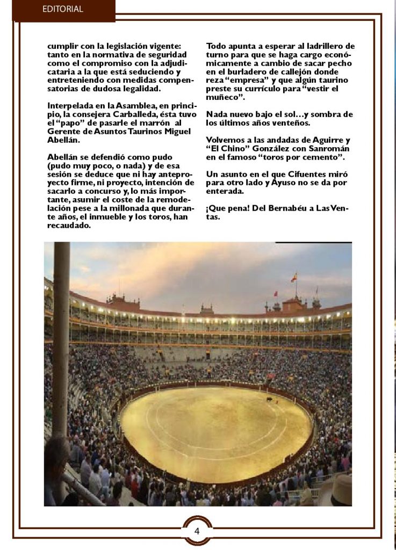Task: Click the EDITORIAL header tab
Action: coord(63,9)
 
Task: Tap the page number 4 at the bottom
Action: coord(197,531)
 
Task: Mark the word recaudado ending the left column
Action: coord(68,226)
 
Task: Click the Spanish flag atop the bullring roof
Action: coord(294,277)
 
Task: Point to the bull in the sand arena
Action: coord(269,400)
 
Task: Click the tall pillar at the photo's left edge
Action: coord(61,333)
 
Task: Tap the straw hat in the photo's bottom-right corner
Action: coord(341,489)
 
